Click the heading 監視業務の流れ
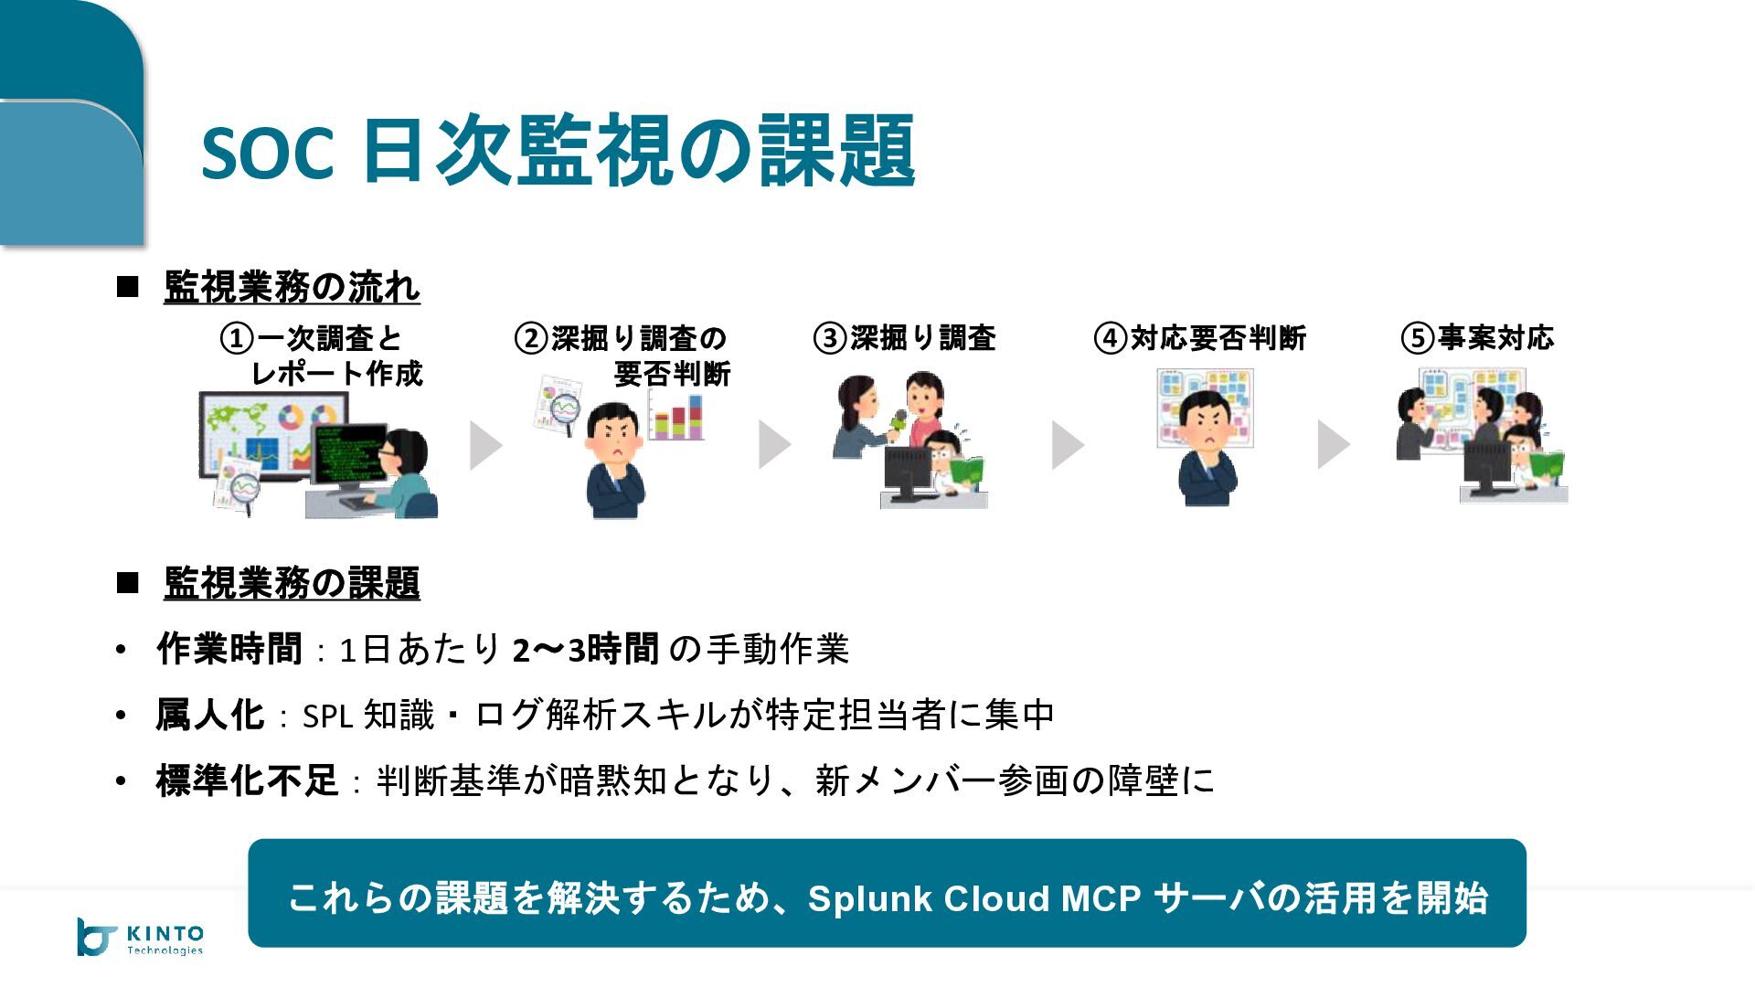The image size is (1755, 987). pyautogui.click(x=292, y=287)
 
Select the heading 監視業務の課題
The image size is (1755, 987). pyautogui.click(x=292, y=583)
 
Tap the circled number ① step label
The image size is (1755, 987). pyautogui.click(x=322, y=356)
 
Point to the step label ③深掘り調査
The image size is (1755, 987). pyautogui.click(x=905, y=338)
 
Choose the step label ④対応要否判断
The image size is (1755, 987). pyautogui.click(x=1200, y=338)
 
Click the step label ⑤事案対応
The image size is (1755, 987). pyautogui.click(x=1477, y=338)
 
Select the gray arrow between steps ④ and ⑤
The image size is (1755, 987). pyautogui.click(x=1333, y=445)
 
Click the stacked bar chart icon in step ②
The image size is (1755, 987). pyautogui.click(x=675, y=416)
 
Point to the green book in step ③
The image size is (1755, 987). pyautogui.click(x=965, y=470)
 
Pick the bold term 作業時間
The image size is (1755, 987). pyautogui.click(x=229, y=649)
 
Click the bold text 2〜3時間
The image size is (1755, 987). pyautogui.click(x=586, y=649)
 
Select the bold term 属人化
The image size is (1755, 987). pyautogui.click(x=210, y=715)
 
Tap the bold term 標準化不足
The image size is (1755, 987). pyautogui.click(x=247, y=780)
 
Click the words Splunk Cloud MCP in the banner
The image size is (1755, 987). pyautogui.click(x=974, y=898)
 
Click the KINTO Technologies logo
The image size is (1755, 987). pyautogui.click(x=140, y=937)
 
